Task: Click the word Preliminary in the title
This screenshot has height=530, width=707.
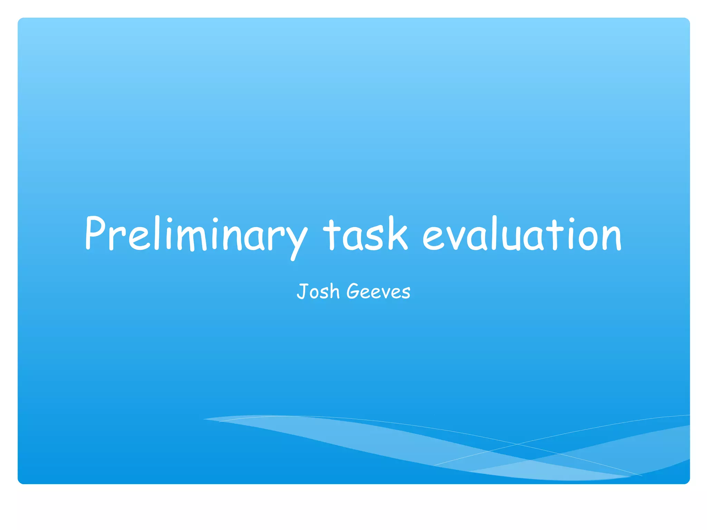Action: click(195, 235)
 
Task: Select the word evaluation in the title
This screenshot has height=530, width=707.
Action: click(522, 235)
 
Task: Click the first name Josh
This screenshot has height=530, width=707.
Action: click(318, 292)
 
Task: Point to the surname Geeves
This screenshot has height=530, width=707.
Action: click(378, 292)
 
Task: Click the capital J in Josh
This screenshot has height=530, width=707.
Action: click(301, 291)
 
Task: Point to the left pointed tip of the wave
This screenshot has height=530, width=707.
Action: click(204, 419)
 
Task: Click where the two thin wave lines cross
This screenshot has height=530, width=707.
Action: click(517, 444)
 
